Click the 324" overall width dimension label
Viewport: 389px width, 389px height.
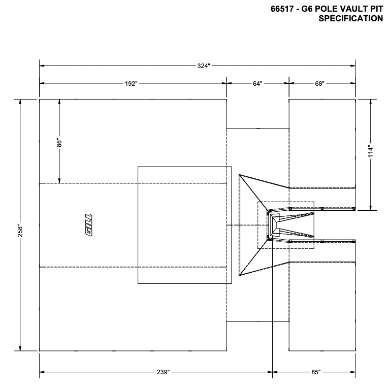pos(204,66)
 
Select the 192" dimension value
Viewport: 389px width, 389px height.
pos(132,84)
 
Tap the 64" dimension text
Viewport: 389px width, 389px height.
pos(257,84)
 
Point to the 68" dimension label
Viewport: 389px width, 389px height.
pos(319,84)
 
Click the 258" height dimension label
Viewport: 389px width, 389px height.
pos(20,225)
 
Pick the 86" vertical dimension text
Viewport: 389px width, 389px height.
pos(59,143)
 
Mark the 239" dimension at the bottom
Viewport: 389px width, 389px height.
pos(163,372)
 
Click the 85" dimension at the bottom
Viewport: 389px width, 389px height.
pos(316,372)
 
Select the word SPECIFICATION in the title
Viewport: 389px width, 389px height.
pos(350,19)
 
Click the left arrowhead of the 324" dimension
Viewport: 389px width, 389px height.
pos(42,66)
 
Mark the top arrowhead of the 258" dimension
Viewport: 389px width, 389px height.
pos(20,101)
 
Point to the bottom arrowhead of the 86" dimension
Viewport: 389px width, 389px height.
pos(59,180)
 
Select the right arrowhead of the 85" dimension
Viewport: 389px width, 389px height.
pos(353,372)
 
